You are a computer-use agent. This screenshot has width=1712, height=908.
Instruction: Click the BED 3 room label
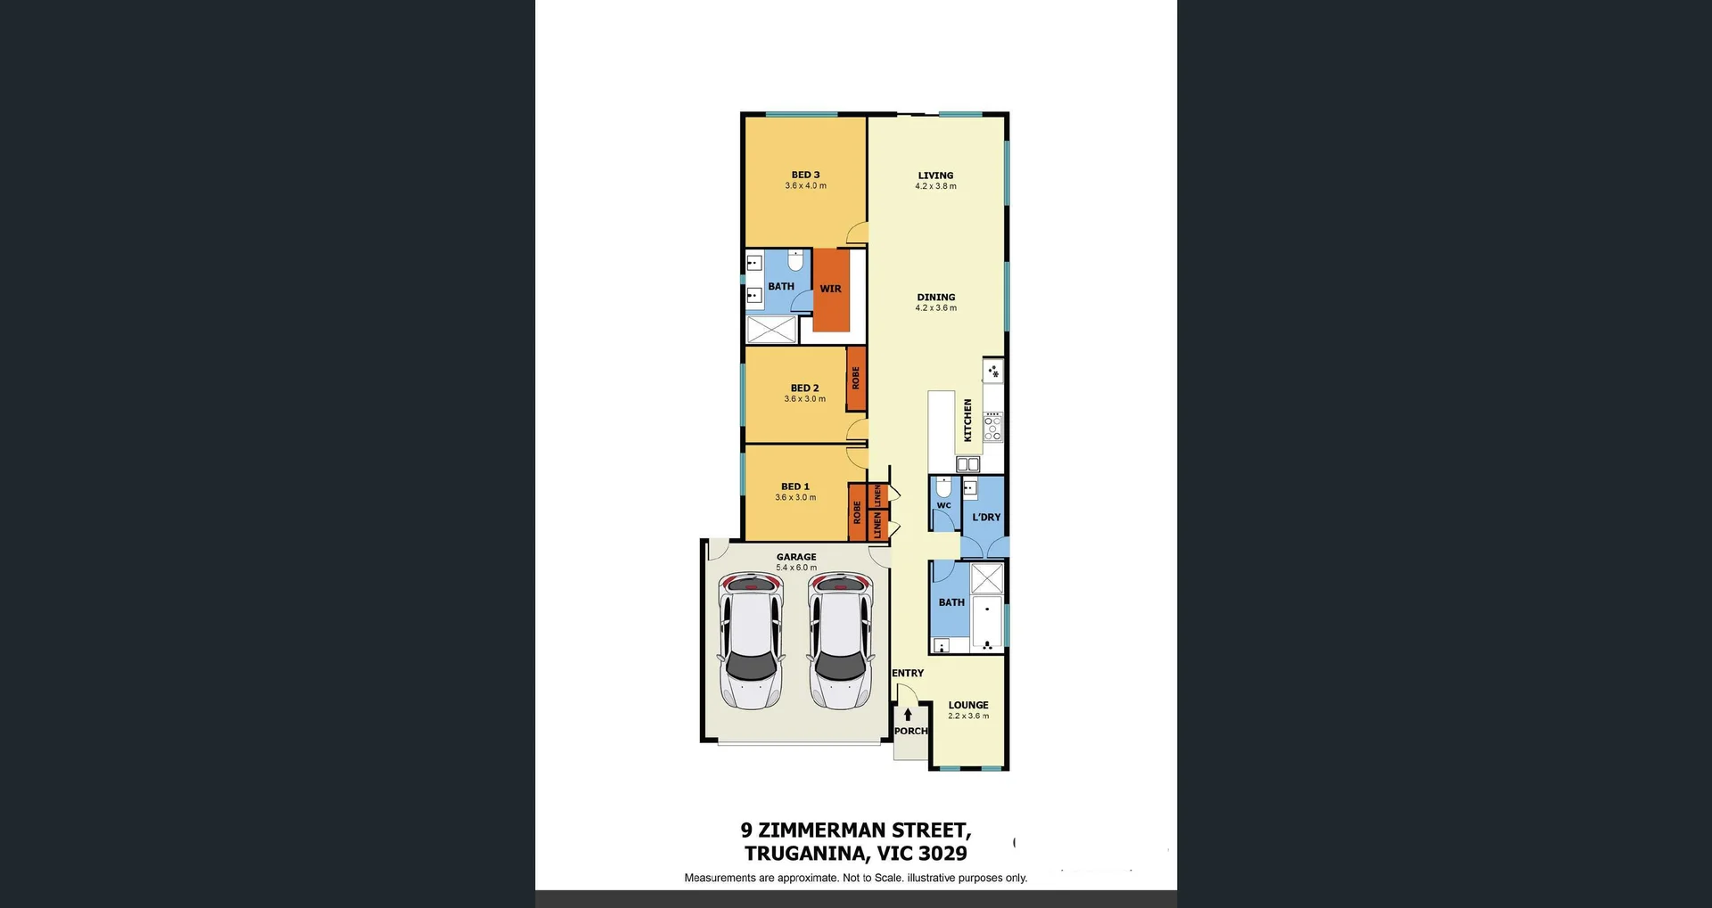[805, 175]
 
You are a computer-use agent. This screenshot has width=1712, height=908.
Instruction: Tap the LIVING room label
[935, 176]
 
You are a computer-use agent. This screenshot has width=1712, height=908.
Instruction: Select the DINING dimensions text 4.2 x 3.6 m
[935, 308]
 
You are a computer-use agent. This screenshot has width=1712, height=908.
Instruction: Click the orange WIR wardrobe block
[831, 290]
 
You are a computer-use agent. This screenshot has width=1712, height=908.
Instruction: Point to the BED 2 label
[804, 388]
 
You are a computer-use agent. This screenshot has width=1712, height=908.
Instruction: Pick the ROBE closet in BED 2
[856, 379]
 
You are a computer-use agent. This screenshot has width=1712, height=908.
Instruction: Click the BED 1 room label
[795, 487]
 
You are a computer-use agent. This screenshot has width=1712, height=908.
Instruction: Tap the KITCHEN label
[967, 420]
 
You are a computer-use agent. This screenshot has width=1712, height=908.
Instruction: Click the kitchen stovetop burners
[992, 427]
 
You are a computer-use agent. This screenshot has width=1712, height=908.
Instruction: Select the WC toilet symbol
[943, 487]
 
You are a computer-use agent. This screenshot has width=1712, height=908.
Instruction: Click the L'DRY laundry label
[986, 517]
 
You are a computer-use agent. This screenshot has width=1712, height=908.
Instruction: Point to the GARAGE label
[796, 557]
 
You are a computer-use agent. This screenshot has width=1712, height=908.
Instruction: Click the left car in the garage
[751, 640]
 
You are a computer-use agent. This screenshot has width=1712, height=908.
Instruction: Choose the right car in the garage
[840, 640]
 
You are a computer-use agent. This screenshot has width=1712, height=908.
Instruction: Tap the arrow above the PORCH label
[908, 714]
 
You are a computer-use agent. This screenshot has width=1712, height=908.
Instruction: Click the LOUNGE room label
[968, 705]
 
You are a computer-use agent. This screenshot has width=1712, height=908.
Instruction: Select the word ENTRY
[908, 673]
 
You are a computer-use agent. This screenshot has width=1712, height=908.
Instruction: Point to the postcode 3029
[942, 854]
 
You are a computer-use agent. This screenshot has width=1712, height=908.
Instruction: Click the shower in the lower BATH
[986, 578]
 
